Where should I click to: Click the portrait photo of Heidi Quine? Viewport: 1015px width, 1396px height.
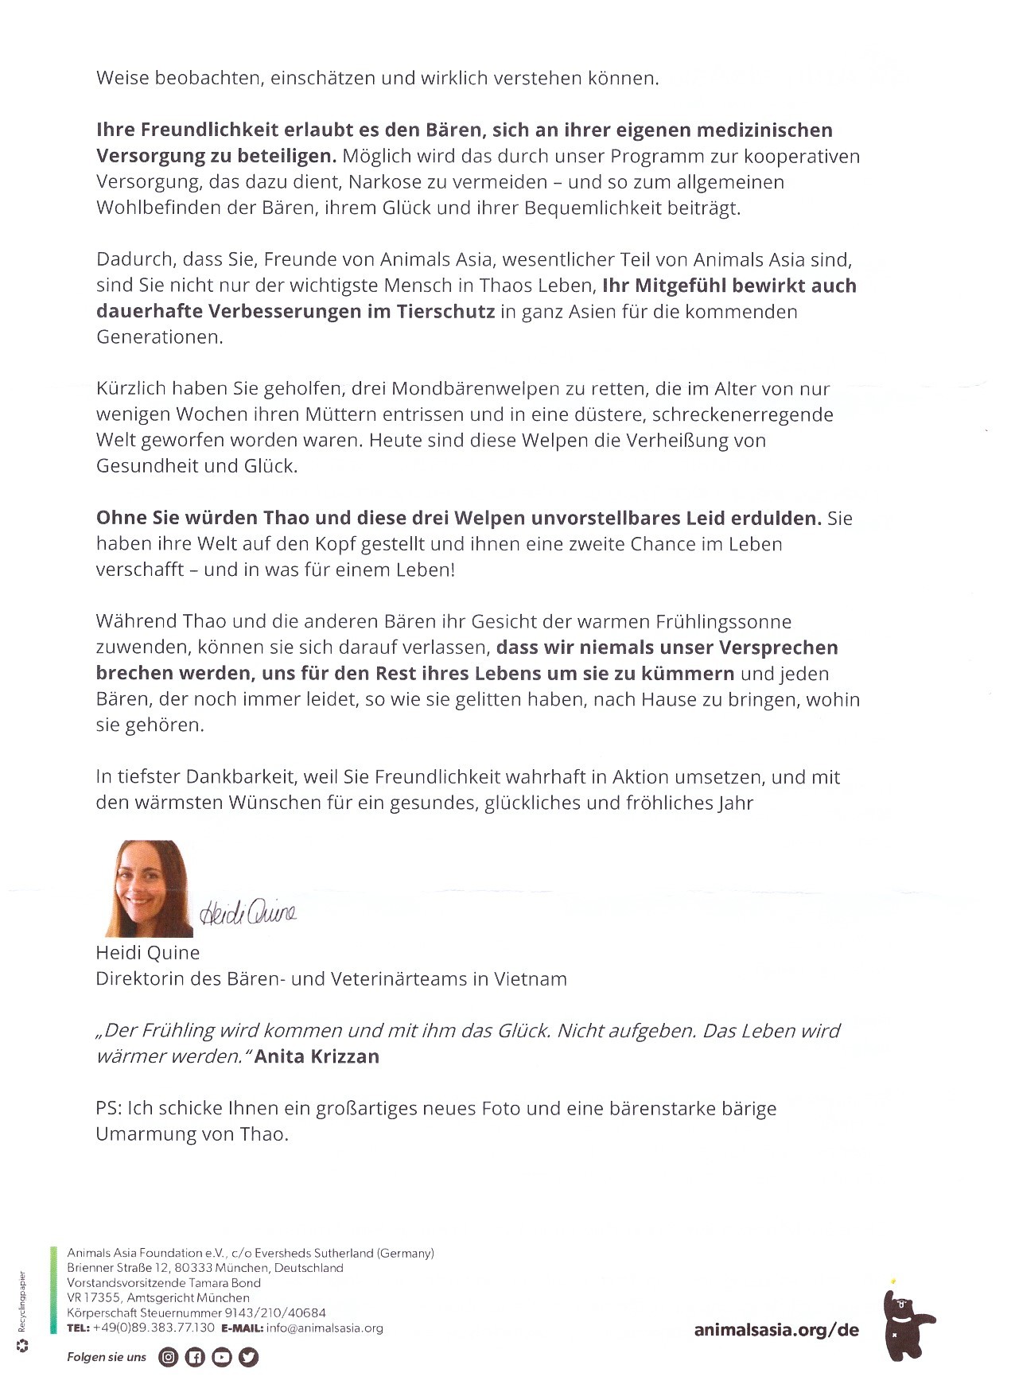click(149, 888)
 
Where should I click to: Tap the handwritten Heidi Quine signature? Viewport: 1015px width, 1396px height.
click(247, 912)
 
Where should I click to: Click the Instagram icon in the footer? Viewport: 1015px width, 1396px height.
click(169, 1357)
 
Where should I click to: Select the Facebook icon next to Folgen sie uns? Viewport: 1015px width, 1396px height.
click(195, 1357)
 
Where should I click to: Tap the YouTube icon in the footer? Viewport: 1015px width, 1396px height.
click(222, 1357)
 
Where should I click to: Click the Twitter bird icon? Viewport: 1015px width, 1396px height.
click(249, 1357)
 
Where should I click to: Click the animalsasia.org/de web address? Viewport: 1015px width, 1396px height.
click(776, 1330)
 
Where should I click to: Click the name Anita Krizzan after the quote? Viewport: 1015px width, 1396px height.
click(317, 1056)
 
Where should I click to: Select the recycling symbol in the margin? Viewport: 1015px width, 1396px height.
click(23, 1346)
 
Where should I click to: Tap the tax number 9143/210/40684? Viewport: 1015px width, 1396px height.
click(274, 1312)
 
